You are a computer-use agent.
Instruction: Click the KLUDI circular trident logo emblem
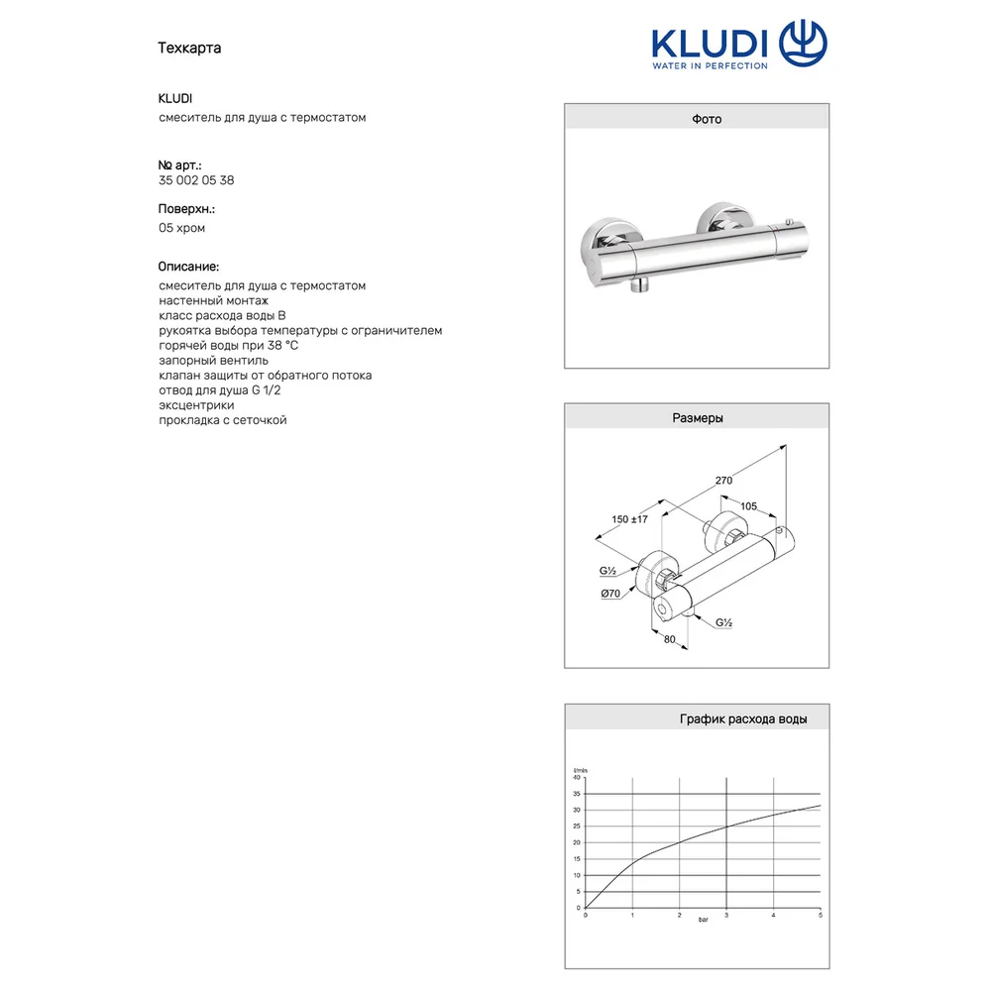coord(803,43)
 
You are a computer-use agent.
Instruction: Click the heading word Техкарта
coord(189,48)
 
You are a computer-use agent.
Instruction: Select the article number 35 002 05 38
coord(196,180)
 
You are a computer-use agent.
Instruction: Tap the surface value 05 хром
coord(181,228)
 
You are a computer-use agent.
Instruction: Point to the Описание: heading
coord(188,267)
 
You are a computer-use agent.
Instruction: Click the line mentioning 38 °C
coord(228,345)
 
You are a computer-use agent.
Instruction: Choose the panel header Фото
coord(707,119)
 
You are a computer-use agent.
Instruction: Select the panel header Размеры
coord(698,418)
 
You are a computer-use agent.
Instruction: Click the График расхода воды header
coord(743,718)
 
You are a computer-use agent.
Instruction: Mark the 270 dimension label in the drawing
coord(723,481)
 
